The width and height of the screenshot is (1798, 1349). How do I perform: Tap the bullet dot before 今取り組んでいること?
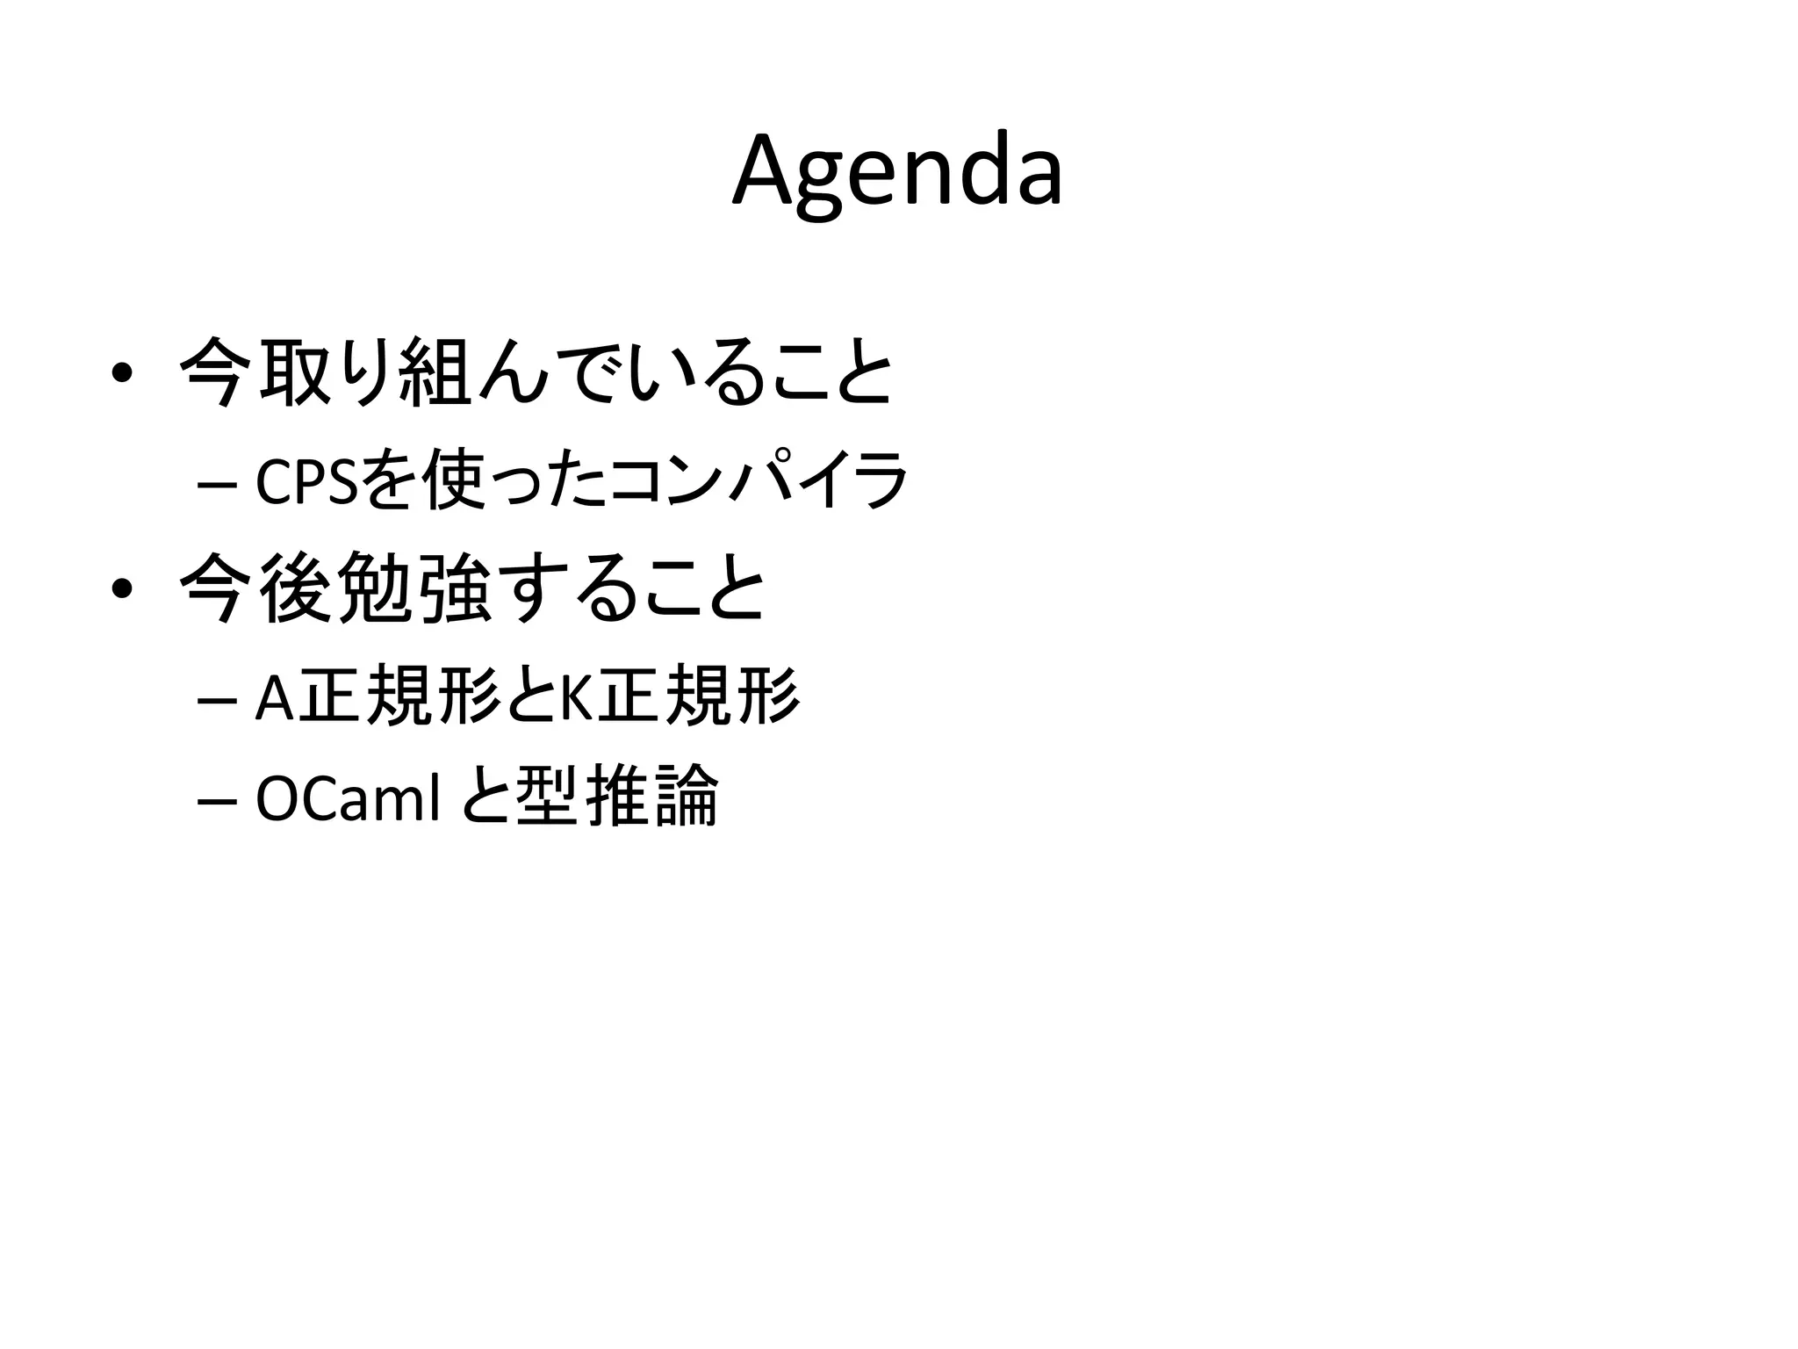(x=122, y=373)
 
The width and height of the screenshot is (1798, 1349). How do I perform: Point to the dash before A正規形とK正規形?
(x=213, y=700)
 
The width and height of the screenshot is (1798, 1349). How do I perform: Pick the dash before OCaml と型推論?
(x=213, y=800)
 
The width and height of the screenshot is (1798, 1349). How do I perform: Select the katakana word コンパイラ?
(x=757, y=482)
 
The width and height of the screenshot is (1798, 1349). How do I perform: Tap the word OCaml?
(x=347, y=799)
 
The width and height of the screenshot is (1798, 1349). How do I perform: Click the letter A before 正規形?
(x=274, y=699)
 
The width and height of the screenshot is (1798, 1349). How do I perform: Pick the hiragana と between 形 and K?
(x=530, y=699)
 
